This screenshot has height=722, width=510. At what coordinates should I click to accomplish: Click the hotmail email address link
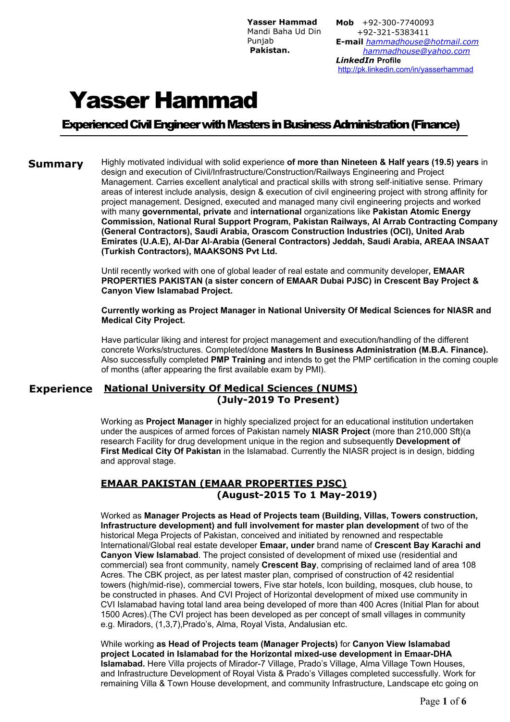click(422, 42)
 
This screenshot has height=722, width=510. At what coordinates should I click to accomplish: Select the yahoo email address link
click(416, 51)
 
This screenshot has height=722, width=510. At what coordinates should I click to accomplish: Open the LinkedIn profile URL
click(405, 69)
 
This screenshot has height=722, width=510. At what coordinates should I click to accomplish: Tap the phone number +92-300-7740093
click(398, 23)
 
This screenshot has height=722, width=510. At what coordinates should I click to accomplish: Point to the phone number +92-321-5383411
click(393, 32)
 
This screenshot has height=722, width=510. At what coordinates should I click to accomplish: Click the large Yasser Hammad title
click(163, 101)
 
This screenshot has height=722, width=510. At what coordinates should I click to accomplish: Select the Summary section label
click(56, 164)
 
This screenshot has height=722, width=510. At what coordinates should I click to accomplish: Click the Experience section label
click(61, 389)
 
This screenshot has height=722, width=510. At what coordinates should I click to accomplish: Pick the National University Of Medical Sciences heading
click(230, 388)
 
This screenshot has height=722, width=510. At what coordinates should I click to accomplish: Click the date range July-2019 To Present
click(278, 400)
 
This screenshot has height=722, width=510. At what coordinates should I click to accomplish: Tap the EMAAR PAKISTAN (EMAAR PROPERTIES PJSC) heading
click(224, 483)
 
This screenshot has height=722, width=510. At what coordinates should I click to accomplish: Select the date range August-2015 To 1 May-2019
click(297, 495)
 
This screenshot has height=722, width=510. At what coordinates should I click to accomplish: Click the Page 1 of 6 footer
click(443, 701)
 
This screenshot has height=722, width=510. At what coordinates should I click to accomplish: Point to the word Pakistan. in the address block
click(270, 51)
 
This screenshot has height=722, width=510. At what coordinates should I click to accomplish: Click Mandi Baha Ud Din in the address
click(284, 32)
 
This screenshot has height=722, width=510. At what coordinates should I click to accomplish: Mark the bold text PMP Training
click(238, 360)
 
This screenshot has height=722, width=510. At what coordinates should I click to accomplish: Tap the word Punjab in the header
click(260, 41)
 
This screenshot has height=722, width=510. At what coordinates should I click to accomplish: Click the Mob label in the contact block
click(345, 23)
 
